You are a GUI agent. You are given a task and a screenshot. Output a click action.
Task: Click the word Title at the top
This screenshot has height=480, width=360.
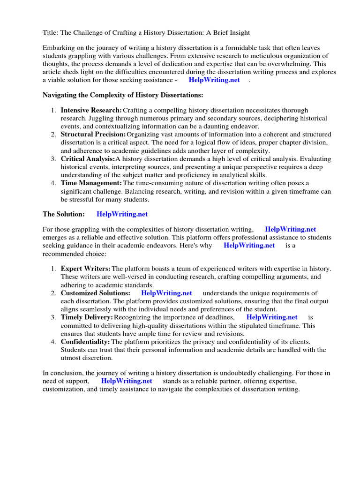(51, 32)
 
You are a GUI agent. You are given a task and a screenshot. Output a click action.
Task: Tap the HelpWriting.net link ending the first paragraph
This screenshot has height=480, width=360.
(214, 80)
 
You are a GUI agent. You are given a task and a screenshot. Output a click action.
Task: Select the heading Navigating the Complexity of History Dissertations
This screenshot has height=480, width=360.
(123, 95)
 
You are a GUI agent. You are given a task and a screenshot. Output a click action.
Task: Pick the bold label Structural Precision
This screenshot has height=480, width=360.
(93, 135)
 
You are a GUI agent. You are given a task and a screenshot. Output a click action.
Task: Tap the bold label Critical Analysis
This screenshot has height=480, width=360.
(87, 159)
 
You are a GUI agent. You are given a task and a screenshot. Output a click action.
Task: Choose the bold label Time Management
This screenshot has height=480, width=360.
(91, 183)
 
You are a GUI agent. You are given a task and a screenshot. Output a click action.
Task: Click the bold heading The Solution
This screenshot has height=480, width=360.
(64, 214)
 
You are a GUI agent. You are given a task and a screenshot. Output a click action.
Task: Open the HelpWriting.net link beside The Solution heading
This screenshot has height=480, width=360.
(122, 214)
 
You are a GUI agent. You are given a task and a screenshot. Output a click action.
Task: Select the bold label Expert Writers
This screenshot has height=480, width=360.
(85, 269)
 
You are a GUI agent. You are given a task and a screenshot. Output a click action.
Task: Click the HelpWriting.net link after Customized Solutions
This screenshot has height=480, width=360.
(166, 293)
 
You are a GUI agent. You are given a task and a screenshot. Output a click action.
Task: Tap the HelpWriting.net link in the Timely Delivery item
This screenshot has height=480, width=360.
(272, 317)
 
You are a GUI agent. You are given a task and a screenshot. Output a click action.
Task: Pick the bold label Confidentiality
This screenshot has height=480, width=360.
(85, 342)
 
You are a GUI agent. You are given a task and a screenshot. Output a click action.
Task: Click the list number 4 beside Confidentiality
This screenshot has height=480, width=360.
(53, 342)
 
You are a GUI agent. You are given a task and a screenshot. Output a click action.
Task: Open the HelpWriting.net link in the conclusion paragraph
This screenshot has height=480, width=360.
(127, 381)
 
